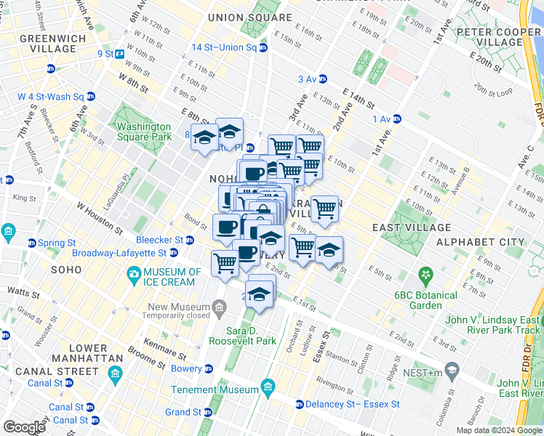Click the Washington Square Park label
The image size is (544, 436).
tap(144, 132)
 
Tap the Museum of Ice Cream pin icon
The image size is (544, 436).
tap(134, 274)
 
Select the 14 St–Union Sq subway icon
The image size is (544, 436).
tap(263, 48)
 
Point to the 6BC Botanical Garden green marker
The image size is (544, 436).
tap(425, 276)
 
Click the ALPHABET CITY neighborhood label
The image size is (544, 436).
tap(479, 242)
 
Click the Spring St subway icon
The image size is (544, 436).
tap(31, 242)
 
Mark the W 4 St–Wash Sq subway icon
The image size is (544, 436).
tap(90, 96)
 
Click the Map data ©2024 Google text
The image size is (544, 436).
tap(498, 429)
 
